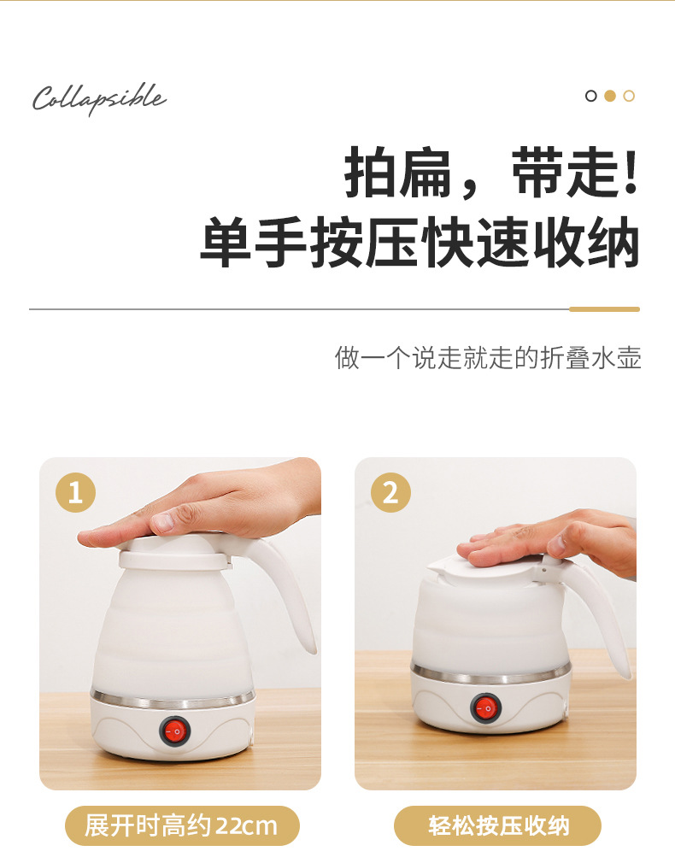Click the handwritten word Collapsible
pyautogui.click(x=99, y=98)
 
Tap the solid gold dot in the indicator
pyautogui.click(x=610, y=96)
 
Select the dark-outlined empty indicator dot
pyautogui.click(x=590, y=96)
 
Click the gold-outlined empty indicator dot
pyautogui.click(x=629, y=96)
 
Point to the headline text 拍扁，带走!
pyautogui.click(x=491, y=173)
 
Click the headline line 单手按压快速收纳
pyautogui.click(x=420, y=242)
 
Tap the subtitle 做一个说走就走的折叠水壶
pyautogui.click(x=488, y=358)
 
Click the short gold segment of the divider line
pyautogui.click(x=605, y=309)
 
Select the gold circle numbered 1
pyautogui.click(x=75, y=492)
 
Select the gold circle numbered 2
pyautogui.click(x=390, y=492)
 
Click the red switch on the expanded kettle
pyautogui.click(x=174, y=731)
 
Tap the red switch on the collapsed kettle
pyautogui.click(x=485, y=707)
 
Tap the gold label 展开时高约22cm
pyautogui.click(x=182, y=825)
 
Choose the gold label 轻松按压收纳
pyautogui.click(x=498, y=825)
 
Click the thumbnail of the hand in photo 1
pyautogui.click(x=163, y=520)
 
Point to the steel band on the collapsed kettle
pyautogui.click(x=491, y=673)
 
